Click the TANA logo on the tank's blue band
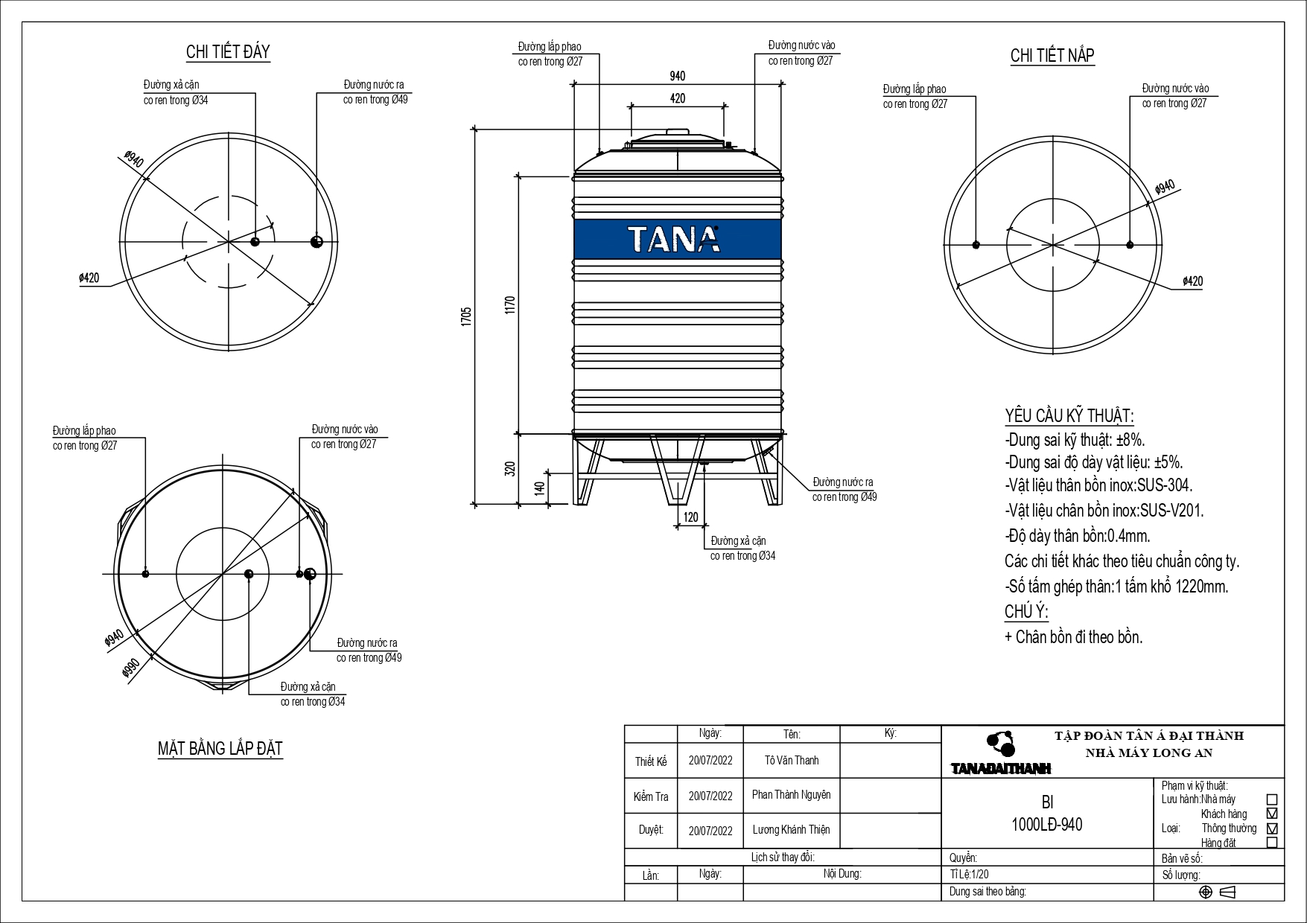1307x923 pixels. point(674,240)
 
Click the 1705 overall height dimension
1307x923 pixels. point(466,316)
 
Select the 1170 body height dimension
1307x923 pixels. point(510,305)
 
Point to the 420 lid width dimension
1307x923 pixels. point(677,98)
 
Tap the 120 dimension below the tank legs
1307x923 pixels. point(690,517)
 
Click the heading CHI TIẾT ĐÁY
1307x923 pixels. point(228,52)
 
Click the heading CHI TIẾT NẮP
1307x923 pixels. point(1052,56)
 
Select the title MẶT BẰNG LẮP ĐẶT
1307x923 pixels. point(220,748)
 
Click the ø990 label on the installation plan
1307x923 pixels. point(132,669)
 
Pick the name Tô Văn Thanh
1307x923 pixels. point(791,760)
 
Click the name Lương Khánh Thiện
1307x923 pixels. point(791,829)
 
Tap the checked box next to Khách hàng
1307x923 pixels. point(1271,814)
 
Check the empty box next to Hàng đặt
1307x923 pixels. point(1271,843)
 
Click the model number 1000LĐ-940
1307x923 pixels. point(1046,825)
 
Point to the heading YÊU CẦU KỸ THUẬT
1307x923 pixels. point(1069,416)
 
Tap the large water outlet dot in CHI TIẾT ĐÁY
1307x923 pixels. point(317,241)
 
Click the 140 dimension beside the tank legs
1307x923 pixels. point(540,488)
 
